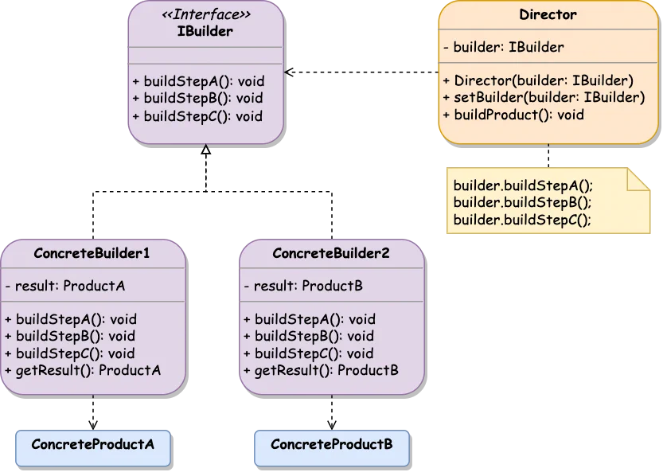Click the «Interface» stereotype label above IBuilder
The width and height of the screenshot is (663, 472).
[205, 15]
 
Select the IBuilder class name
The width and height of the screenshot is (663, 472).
[205, 31]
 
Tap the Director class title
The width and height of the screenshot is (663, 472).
[548, 15]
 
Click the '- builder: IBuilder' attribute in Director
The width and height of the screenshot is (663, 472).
[503, 47]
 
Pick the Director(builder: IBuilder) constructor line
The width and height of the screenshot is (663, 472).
[537, 80]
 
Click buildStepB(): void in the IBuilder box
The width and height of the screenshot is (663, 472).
[197, 99]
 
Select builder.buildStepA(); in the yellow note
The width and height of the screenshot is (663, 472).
[523, 185]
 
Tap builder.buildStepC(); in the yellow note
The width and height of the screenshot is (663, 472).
[522, 220]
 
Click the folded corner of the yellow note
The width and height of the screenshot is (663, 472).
[639, 179]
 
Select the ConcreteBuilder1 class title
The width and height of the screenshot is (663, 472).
[92, 254]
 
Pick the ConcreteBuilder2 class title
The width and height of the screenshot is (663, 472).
[331, 254]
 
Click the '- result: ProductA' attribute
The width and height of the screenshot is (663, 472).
[64, 286]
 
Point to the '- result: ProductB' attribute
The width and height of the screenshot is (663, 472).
[302, 286]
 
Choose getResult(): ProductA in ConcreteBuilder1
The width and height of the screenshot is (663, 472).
[83, 370]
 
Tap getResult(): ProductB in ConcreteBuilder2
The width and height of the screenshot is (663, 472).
[321, 370]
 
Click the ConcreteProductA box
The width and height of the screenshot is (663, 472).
[92, 444]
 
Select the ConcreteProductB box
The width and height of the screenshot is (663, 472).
[331, 444]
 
